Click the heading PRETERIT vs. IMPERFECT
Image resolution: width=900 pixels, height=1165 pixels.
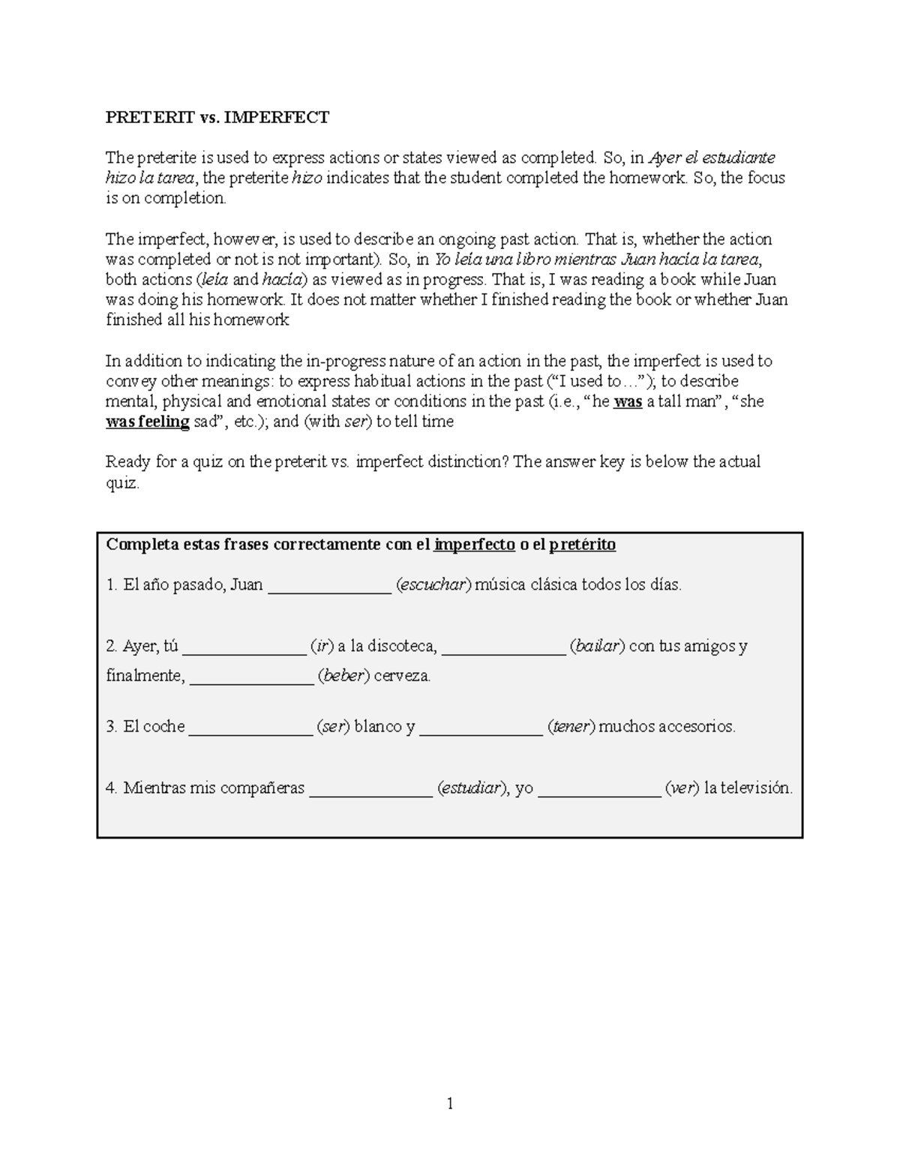217,117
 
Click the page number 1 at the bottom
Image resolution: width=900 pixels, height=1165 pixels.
450,1103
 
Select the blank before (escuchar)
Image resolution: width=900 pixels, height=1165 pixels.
329,587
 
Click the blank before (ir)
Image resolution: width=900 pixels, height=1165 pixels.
244,647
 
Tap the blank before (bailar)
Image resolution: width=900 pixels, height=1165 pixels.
503,647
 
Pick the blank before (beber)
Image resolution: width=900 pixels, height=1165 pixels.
252,677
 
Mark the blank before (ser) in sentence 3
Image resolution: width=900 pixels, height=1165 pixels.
250,728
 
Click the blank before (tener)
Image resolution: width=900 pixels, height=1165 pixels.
481,728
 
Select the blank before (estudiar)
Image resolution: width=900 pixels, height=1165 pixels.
371,789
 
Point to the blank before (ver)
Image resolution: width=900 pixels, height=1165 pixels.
600,789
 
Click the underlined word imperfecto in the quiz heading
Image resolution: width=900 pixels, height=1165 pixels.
474,545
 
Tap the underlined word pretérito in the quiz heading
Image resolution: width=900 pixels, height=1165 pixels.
582,545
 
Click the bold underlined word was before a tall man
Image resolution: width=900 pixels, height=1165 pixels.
628,401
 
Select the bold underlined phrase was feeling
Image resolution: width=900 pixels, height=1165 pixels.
148,422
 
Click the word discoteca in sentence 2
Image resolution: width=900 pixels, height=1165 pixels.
403,646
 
